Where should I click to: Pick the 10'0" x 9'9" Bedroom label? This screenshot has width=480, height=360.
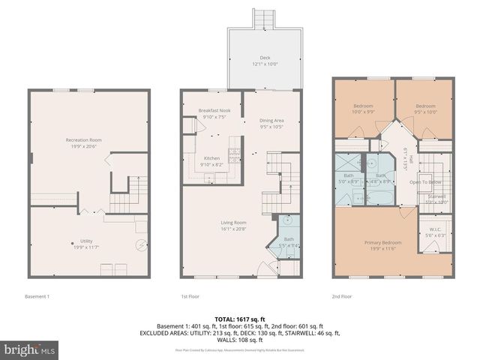(x=363, y=109)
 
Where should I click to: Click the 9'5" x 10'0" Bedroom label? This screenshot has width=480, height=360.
(x=425, y=109)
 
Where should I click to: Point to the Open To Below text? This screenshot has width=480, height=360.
(x=424, y=182)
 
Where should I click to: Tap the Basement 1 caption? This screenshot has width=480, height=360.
(x=37, y=296)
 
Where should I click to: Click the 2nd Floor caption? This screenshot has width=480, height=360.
(x=342, y=296)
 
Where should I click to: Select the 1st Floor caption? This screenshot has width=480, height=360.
(x=190, y=296)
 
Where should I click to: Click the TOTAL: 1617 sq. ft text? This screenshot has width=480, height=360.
(x=240, y=319)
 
